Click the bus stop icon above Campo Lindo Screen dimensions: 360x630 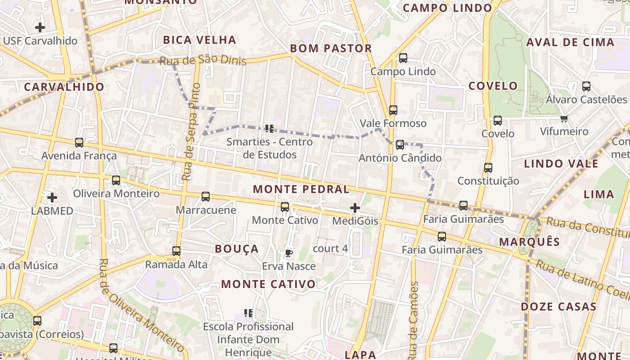(403, 58)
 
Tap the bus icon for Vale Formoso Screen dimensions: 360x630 (393, 110)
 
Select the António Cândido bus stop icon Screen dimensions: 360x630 (400, 145)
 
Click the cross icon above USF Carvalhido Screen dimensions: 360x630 (40, 27)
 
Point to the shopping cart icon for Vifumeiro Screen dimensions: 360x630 (564, 118)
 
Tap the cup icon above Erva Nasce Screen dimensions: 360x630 (288, 253)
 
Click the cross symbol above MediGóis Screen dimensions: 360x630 (355, 208)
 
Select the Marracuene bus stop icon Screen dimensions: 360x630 (206, 197)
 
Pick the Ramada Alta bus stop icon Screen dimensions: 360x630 (176, 251)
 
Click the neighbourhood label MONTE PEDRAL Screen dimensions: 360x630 (301, 189)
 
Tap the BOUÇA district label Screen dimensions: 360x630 (237, 249)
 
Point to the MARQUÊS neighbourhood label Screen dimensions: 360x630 (530, 242)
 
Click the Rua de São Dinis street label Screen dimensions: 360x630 (203, 60)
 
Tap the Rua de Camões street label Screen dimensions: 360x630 (414, 319)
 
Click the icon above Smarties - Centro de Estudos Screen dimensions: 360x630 (270, 129)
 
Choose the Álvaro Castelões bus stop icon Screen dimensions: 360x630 (586, 86)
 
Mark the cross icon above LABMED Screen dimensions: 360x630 (52, 198)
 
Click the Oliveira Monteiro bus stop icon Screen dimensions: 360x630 (116, 180)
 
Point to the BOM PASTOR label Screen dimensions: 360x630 (331, 48)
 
